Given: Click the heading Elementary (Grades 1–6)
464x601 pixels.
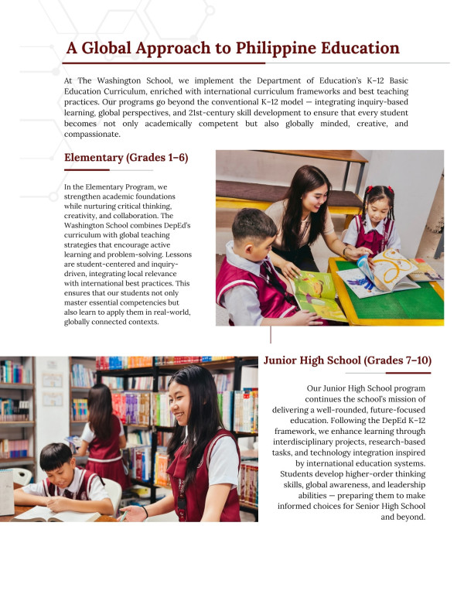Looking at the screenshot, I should [x=126, y=159].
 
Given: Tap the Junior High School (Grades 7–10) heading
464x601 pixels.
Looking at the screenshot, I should [x=347, y=360].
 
